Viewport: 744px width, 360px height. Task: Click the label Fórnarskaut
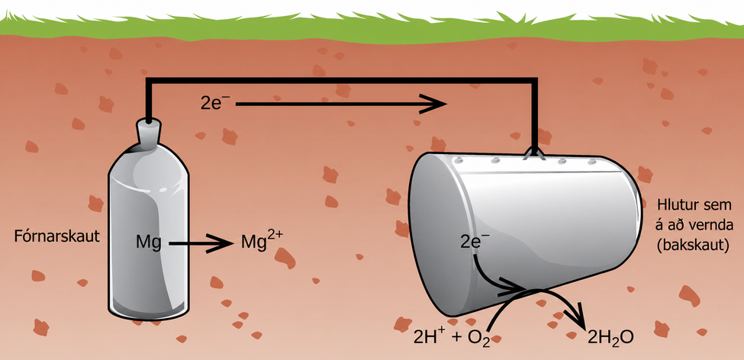(x=57, y=236)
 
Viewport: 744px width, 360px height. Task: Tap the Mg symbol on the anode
(x=148, y=244)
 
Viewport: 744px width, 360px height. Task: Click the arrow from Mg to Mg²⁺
(x=201, y=244)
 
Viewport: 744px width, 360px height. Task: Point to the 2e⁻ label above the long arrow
(x=215, y=103)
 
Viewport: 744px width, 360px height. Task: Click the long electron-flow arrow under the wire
(x=341, y=104)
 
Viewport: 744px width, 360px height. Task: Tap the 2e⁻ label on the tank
(x=475, y=243)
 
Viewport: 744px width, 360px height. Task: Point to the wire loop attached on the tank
(x=536, y=153)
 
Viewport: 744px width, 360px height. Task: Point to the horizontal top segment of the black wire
(x=341, y=81)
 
